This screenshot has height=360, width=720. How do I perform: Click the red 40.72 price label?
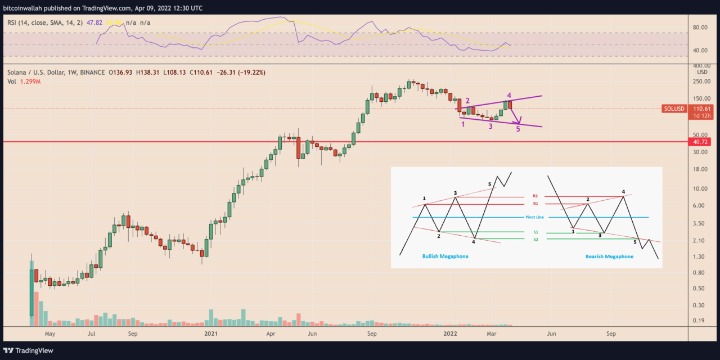click(x=700, y=142)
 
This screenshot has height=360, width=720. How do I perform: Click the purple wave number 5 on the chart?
click(x=518, y=129)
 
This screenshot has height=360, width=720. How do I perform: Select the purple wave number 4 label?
click(x=508, y=96)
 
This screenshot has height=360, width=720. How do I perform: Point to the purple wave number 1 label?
click(x=463, y=124)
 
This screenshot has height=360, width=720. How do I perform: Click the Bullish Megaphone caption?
click(x=445, y=256)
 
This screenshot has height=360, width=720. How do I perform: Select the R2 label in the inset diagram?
click(x=535, y=196)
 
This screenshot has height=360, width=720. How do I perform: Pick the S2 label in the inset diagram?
click(x=535, y=240)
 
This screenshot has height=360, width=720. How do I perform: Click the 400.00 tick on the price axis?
click(x=701, y=66)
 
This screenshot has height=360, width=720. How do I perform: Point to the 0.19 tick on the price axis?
click(x=700, y=321)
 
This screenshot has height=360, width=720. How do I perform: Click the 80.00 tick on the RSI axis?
click(x=700, y=27)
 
